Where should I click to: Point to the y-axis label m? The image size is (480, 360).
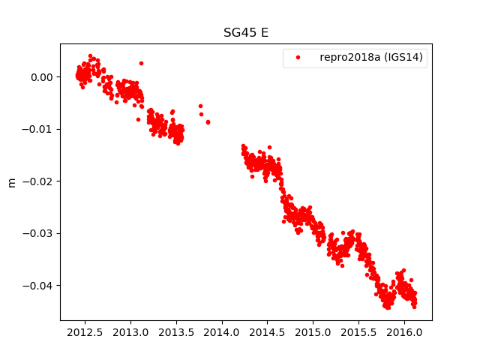point(11,182)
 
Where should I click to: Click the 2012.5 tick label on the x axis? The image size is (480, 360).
point(85,331)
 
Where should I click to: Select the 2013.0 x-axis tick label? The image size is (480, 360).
point(130,331)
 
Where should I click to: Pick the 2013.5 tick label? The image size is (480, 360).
point(176,331)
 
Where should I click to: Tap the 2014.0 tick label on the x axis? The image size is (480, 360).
point(222,331)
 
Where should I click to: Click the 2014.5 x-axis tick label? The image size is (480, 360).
point(268,331)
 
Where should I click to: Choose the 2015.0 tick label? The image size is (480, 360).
point(313,331)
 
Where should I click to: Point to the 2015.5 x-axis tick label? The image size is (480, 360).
point(359,331)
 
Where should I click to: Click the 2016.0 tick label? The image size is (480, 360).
point(405,331)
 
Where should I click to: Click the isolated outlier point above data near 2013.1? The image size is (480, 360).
point(141,63)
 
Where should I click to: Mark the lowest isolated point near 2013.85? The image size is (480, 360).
point(208,121)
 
